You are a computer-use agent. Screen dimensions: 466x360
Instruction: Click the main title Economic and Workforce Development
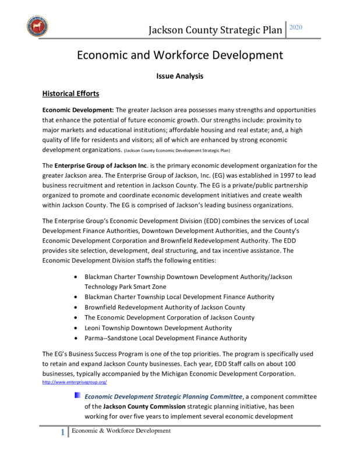click(x=180, y=56)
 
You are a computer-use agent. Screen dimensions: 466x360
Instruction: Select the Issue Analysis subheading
click(x=179, y=76)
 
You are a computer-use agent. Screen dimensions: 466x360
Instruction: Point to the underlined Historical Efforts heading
click(x=71, y=93)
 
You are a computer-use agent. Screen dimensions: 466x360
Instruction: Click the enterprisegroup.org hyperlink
click(x=75, y=382)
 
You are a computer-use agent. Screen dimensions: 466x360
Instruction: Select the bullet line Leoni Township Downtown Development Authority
click(x=158, y=328)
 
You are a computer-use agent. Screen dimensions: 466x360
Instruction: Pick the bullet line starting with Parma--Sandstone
click(x=165, y=338)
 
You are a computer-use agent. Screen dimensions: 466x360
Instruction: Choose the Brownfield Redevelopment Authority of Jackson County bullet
click(x=165, y=307)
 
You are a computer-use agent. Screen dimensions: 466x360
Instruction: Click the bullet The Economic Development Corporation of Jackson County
click(x=170, y=317)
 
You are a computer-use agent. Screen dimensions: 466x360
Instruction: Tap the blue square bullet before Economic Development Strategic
click(x=77, y=396)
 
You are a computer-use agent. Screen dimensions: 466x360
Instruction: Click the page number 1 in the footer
click(x=62, y=432)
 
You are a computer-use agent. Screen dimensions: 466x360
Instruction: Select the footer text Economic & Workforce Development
click(x=121, y=430)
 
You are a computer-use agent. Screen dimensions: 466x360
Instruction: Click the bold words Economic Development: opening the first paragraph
click(x=78, y=110)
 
